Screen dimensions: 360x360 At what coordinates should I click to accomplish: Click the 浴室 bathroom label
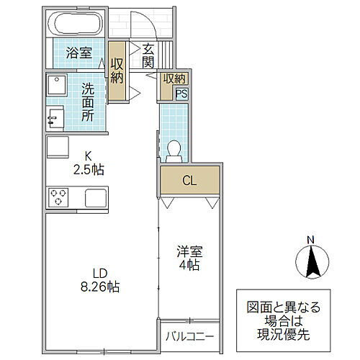78,53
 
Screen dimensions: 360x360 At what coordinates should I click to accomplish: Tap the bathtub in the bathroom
78,25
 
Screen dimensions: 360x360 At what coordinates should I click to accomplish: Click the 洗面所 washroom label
87,102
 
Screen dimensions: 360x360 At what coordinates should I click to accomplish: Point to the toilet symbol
173,149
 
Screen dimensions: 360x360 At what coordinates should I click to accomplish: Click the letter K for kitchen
89,154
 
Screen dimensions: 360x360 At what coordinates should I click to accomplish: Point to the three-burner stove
59,196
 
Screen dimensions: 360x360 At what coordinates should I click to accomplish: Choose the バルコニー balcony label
189,336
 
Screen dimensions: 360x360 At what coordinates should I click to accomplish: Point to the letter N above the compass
309,240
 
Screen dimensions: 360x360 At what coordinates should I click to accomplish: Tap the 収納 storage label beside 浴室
117,68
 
